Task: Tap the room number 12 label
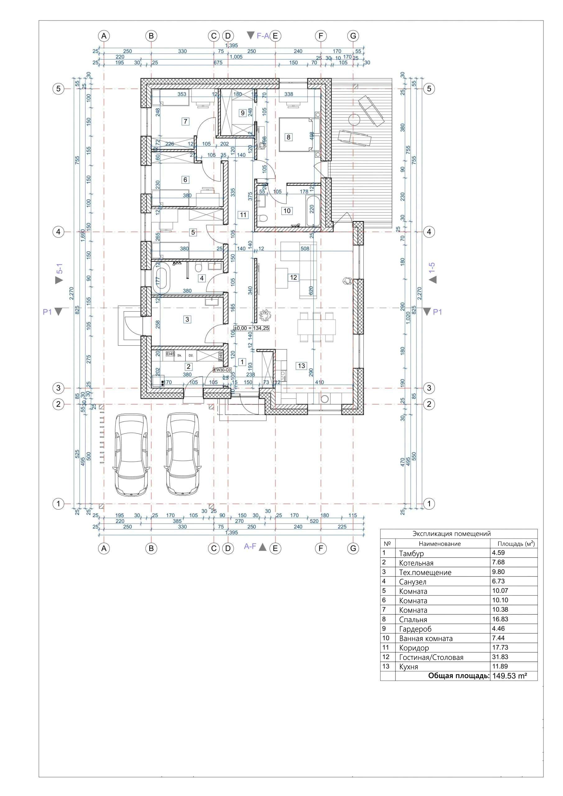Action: point(293,277)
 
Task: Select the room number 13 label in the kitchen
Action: point(301,365)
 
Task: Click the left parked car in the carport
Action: point(132,454)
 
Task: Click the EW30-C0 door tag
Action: point(222,370)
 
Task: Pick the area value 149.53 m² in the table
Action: point(510,676)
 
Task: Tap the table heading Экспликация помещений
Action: point(451,534)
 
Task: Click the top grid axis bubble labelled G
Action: point(353,36)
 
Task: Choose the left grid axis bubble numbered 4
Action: point(58,232)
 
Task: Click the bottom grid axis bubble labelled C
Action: point(214,548)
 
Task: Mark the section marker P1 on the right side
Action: point(437,312)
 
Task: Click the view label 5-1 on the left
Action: point(60,269)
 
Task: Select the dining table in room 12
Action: point(316,327)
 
